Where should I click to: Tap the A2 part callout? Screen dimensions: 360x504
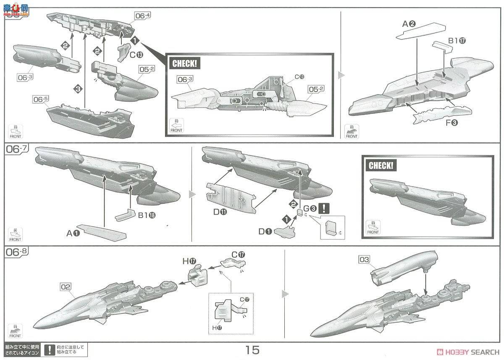(409, 24)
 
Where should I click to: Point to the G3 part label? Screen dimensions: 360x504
(309, 208)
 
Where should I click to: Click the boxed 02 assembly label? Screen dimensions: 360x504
(65, 287)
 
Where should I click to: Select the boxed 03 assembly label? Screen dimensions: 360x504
(365, 260)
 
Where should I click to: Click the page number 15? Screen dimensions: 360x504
(253, 349)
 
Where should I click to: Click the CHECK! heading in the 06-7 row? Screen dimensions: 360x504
(381, 165)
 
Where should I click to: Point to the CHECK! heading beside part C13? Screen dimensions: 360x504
(184, 64)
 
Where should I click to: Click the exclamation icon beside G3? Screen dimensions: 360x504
(324, 208)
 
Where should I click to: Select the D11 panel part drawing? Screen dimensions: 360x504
(230, 195)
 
